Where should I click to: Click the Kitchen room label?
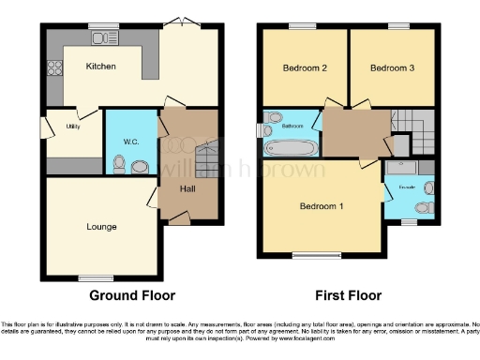click(x=100, y=67)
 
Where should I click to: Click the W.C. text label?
click(x=131, y=142)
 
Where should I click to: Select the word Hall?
click(x=187, y=188)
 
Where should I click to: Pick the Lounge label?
click(x=101, y=226)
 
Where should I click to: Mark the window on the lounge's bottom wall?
click(x=95, y=277)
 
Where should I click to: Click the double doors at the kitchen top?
click(x=179, y=22)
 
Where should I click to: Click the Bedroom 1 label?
click(x=322, y=206)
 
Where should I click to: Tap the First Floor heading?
click(x=349, y=295)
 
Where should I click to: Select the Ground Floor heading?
click(x=131, y=295)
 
